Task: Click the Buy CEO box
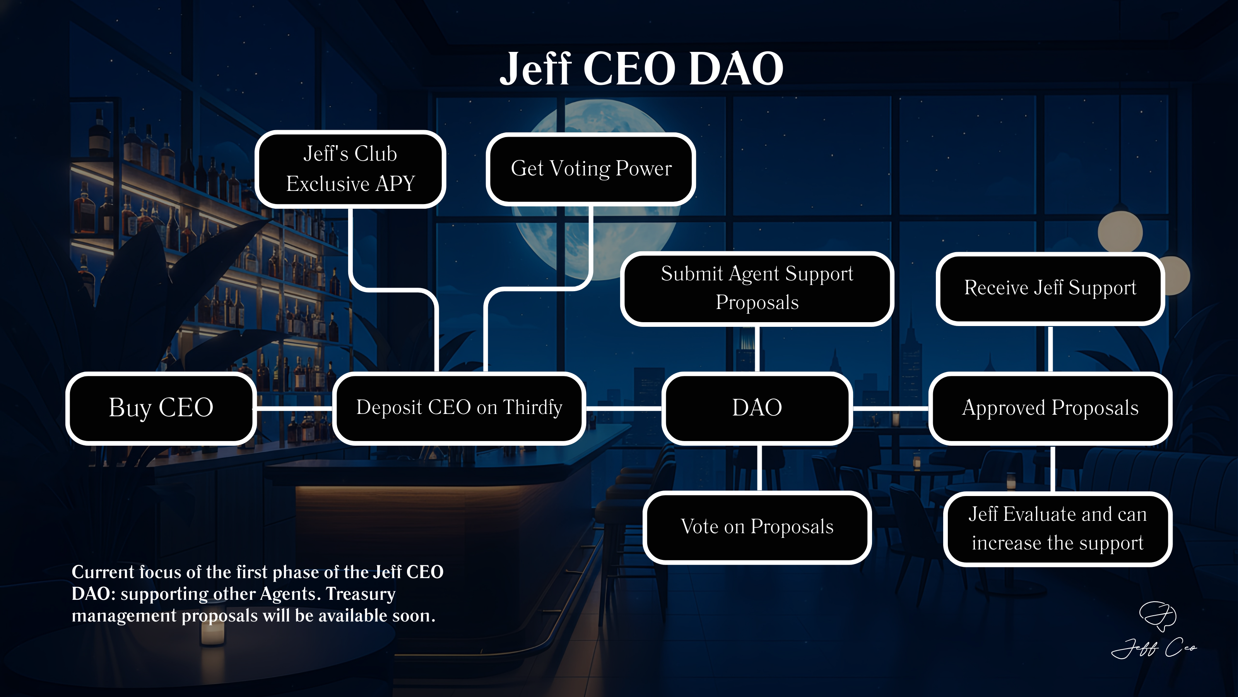click(x=161, y=408)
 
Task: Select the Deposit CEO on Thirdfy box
click(x=459, y=408)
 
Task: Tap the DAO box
click(x=757, y=408)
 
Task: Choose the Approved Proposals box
click(x=1050, y=408)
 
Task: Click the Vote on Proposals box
click(x=757, y=527)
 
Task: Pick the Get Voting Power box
click(x=591, y=169)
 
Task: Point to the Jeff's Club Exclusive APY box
click(x=351, y=169)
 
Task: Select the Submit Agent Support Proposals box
click(x=757, y=288)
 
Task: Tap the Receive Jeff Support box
click(x=1050, y=288)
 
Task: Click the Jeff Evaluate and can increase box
click(x=1057, y=529)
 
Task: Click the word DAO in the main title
click(x=736, y=69)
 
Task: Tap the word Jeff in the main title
click(x=536, y=69)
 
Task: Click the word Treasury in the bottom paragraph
click(x=361, y=594)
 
